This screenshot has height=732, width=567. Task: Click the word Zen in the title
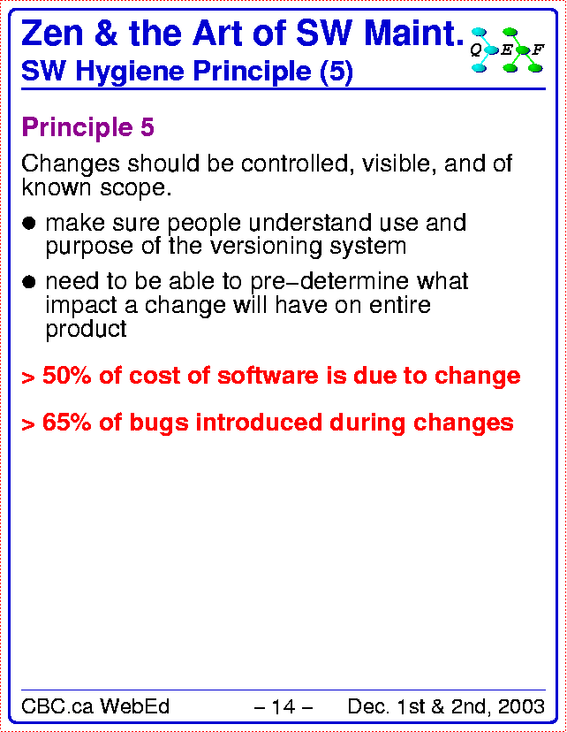click(52, 34)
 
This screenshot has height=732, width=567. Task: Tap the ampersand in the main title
click(107, 34)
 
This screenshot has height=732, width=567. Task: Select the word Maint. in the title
click(414, 34)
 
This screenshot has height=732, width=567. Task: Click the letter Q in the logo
click(476, 50)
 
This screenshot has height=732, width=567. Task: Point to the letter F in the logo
click(538, 49)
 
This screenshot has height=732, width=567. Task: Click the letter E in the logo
click(506, 50)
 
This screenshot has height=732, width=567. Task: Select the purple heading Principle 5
click(87, 127)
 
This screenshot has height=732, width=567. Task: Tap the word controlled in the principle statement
click(295, 164)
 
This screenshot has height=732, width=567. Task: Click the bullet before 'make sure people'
click(29, 223)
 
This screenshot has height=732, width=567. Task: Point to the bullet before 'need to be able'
click(29, 282)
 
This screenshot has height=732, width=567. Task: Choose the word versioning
click(266, 246)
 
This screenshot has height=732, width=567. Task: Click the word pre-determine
click(329, 281)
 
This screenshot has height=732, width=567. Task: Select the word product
click(86, 330)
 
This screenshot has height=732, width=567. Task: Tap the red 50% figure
click(67, 376)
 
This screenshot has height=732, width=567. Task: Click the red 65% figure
click(67, 423)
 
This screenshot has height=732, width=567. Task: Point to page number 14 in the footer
click(283, 706)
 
